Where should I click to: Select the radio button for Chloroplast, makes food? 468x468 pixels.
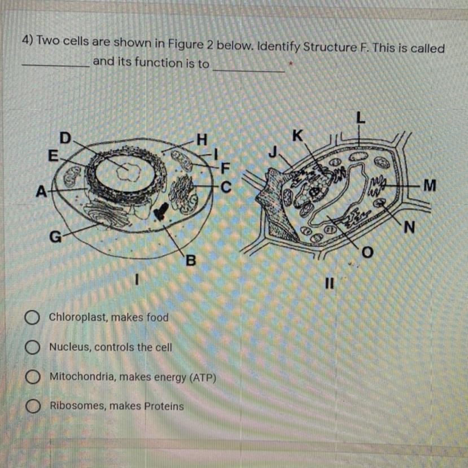pos(33,318)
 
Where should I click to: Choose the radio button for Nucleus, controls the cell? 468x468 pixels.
pos(33,347)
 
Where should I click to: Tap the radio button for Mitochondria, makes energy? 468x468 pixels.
pos(33,377)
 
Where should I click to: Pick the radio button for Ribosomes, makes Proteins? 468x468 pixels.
pos(33,406)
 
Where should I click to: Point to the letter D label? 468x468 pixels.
pos(65,138)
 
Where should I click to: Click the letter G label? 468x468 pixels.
pos(55,237)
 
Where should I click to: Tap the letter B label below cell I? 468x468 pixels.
pos(191,261)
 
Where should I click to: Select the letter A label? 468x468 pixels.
pos(41,191)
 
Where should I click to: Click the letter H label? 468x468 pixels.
pos(202,139)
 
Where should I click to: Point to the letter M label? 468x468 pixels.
pos(430,185)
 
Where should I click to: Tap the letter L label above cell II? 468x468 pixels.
pos(361,118)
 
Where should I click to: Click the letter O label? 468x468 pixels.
pos(368,253)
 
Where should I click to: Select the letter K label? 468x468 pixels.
pos(298,136)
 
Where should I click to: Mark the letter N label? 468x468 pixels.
pos(409,228)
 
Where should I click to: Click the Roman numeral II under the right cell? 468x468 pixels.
pos(329,283)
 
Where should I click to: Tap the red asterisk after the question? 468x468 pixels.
pos(291,64)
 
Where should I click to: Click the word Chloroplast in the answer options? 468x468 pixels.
pos(78,317)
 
